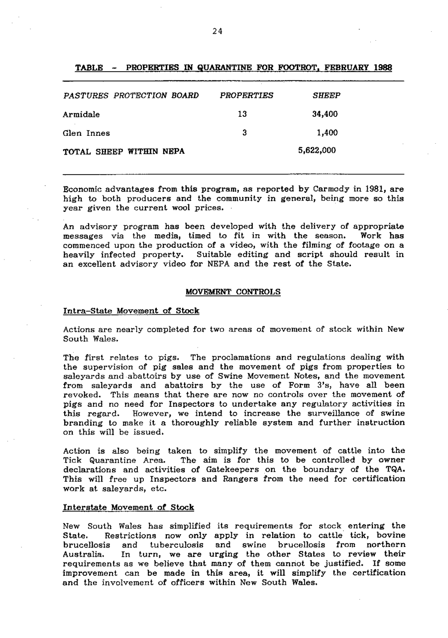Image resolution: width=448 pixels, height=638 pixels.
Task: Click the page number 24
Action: click(217, 31)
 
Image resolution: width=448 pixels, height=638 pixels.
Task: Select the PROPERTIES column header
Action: click(246, 95)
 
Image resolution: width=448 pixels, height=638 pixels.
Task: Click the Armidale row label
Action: click(81, 114)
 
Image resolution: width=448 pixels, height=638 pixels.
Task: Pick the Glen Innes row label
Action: click(87, 133)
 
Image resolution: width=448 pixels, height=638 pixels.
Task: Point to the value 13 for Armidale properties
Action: click(242, 114)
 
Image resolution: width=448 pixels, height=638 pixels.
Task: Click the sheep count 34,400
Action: click(325, 114)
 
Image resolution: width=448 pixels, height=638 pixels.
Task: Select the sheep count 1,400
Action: click(328, 133)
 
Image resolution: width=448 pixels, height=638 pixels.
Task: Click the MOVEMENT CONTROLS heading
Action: click(232, 292)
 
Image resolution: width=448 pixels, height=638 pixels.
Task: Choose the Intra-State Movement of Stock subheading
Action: click(131, 311)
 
